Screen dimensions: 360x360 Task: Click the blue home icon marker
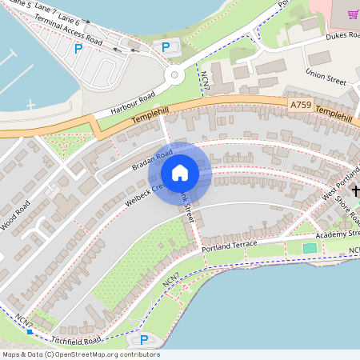tap(180, 172)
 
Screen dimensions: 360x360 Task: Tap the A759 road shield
tap(300, 105)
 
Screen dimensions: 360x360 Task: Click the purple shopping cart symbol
tap(351, 14)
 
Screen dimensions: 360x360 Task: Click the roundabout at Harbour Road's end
tap(174, 77)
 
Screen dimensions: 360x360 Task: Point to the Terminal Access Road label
tap(67, 31)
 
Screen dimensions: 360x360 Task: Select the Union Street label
tap(326, 78)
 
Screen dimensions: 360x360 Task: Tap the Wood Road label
tap(15, 215)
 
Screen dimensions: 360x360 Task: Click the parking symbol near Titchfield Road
tap(143, 340)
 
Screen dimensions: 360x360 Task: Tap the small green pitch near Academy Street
tap(310, 248)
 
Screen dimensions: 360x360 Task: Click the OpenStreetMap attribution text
tap(81, 354)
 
